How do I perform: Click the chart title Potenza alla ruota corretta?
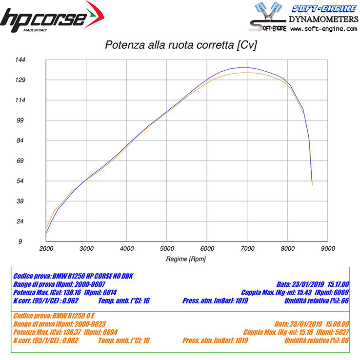coord(181,46)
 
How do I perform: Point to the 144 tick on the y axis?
coord(34,60)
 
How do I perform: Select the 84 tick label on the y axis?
coord(34,140)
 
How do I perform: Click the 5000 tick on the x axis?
coord(167,249)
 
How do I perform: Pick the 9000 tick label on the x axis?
coord(328,249)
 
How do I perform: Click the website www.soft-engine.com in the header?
coord(323,29)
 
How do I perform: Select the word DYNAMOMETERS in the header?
coord(323,19)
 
